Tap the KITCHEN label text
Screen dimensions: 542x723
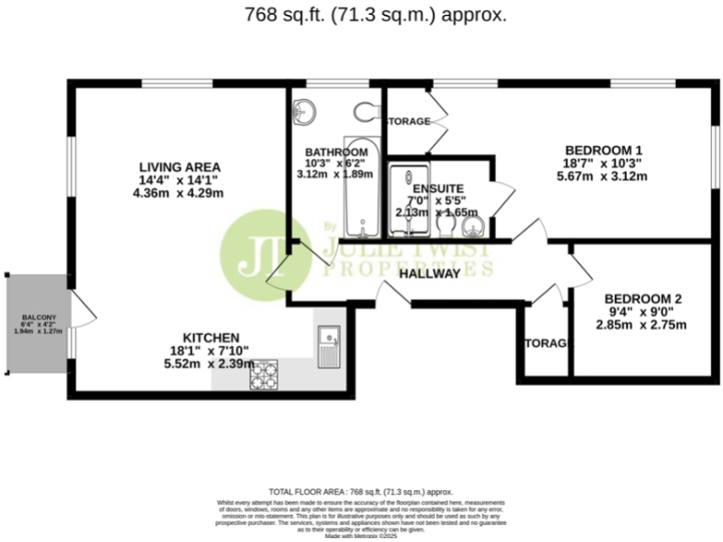[x=211, y=338]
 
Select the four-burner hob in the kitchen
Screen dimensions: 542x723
[x=265, y=375]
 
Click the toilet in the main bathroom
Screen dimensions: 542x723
[x=368, y=113]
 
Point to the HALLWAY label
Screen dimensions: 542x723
[x=428, y=274]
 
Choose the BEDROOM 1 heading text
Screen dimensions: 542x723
[x=603, y=150]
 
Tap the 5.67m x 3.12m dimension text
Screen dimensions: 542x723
[x=603, y=175]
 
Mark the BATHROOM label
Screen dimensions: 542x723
[x=336, y=152]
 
